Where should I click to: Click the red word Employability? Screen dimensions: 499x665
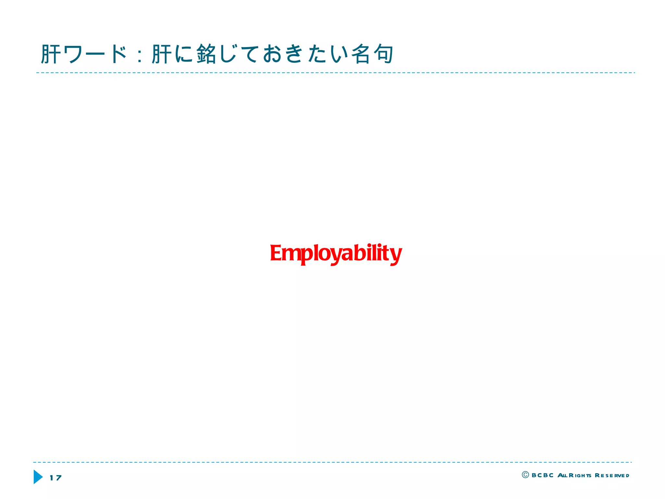336,254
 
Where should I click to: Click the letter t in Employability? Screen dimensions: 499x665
387,253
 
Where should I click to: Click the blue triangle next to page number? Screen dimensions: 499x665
38,477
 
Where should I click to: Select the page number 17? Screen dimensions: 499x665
56,478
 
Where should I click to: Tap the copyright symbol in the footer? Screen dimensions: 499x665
525,475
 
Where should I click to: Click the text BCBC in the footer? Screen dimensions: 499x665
542,475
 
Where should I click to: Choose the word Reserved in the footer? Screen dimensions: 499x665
612,476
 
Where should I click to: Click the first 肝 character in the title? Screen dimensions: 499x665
51,54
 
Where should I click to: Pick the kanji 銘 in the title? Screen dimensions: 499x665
206,54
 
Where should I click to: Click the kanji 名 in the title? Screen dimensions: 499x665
361,54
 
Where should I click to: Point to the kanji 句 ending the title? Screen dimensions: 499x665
383,54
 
